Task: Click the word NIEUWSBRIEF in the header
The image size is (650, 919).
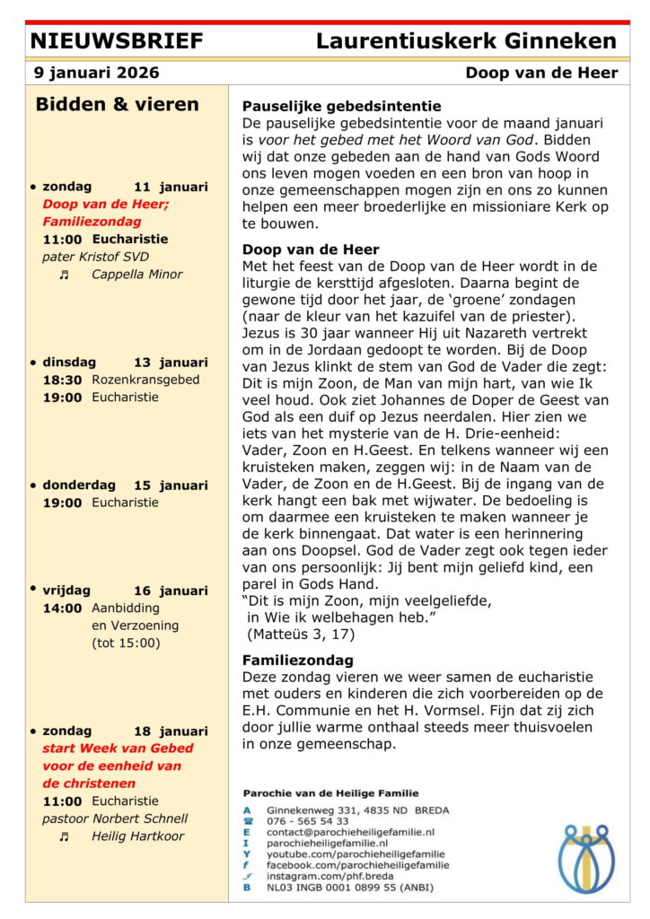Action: [x=117, y=41]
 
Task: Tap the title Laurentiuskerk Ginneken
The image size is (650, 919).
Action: [x=466, y=41]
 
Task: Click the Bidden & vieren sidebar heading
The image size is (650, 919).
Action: [x=117, y=104]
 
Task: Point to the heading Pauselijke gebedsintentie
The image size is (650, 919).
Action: [x=342, y=105]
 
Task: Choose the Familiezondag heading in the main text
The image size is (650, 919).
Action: [x=297, y=660]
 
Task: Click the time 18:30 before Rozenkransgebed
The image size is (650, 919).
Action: [x=62, y=380]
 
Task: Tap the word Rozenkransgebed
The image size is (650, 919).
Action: [x=145, y=380]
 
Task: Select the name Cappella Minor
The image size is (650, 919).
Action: [x=136, y=275]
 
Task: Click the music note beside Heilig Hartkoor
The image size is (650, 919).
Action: [x=64, y=836]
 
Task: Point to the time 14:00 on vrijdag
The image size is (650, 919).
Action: [x=62, y=608]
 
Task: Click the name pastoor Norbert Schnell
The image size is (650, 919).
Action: [x=115, y=818]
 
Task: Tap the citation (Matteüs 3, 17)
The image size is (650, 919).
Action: [x=301, y=634]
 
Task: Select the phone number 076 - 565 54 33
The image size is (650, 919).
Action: [x=308, y=821]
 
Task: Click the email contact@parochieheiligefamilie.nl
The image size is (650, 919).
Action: [x=350, y=832]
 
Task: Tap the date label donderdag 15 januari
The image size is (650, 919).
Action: [x=125, y=486]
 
